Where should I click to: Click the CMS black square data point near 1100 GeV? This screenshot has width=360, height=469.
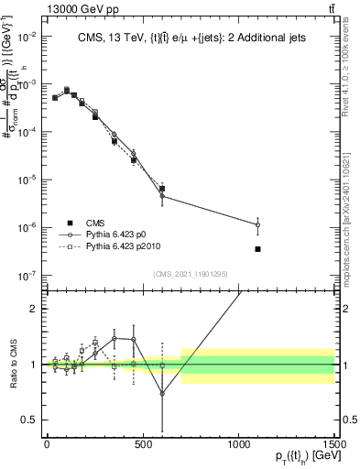[258, 249]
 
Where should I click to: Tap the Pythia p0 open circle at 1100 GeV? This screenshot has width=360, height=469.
[258, 224]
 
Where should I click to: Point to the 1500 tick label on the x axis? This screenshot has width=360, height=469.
[334, 443]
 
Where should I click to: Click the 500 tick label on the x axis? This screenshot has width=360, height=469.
[142, 443]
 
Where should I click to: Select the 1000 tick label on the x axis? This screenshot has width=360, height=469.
[238, 443]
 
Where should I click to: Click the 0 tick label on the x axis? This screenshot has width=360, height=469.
[47, 443]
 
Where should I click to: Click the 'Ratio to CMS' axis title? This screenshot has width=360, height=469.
[11, 364]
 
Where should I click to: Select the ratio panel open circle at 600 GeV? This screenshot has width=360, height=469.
[162, 394]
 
